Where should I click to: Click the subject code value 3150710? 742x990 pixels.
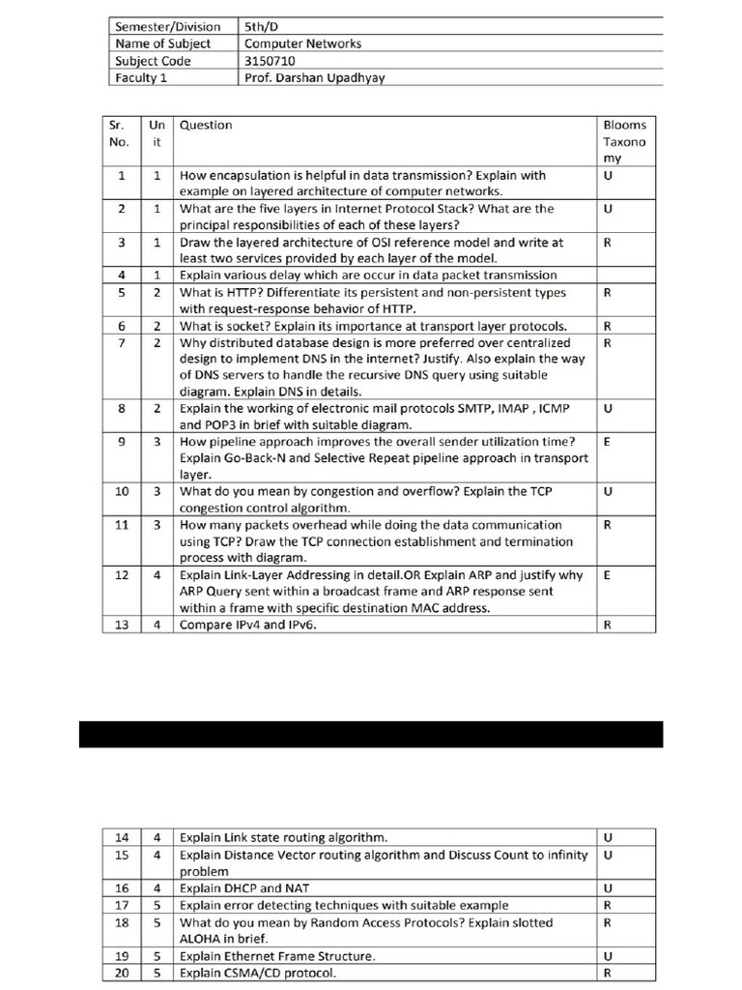point(270,61)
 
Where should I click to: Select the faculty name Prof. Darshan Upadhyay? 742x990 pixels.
point(314,78)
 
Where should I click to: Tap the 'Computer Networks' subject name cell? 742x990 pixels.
point(302,44)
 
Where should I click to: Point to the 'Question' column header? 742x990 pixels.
point(206,125)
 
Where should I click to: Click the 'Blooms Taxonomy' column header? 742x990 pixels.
point(624,141)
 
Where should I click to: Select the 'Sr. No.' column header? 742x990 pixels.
point(121,132)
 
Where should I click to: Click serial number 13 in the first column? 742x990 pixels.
point(122,625)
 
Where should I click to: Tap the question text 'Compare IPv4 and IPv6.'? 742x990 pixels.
point(248,625)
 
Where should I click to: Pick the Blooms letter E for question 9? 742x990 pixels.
point(606,441)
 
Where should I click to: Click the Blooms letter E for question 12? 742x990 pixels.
point(606,574)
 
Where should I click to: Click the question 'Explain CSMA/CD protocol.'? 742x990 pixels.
point(258,973)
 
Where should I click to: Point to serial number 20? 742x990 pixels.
point(122,973)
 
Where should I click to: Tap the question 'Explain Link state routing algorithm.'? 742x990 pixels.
point(284,837)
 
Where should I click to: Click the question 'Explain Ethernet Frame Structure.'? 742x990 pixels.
point(277,956)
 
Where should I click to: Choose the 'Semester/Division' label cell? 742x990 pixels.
point(167,27)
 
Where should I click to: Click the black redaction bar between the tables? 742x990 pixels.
point(371,734)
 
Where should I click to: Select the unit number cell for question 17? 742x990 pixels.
point(157,905)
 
